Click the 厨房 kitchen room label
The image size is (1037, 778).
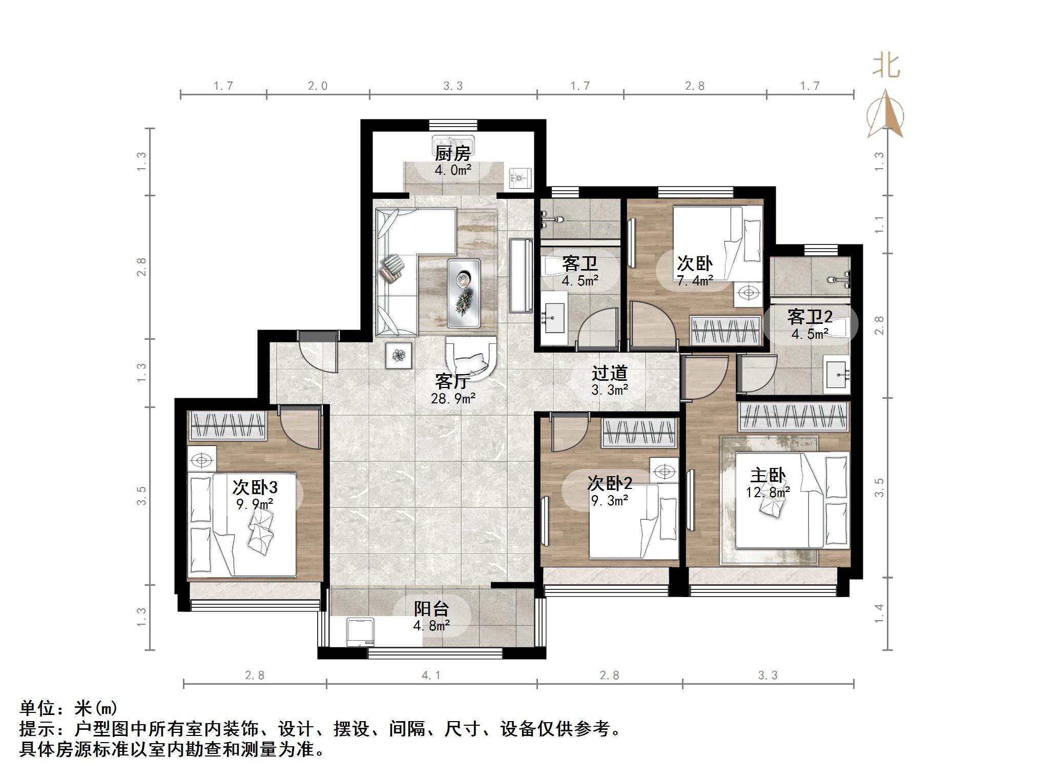(x=452, y=153)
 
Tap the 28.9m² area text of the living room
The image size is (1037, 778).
(x=453, y=398)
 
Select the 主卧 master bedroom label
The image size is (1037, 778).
(x=768, y=476)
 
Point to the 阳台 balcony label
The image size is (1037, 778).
(x=431, y=609)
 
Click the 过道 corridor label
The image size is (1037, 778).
(x=610, y=374)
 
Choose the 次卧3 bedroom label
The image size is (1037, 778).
(x=255, y=487)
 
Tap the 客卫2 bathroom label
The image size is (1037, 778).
(x=810, y=317)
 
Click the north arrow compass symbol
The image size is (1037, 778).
(x=885, y=114)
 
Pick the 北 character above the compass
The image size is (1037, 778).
(x=886, y=66)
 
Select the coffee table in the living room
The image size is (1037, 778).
(x=464, y=293)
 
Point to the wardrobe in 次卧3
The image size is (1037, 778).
(x=229, y=425)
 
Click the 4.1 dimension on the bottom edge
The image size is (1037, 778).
(x=431, y=675)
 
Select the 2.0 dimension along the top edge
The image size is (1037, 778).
(x=318, y=86)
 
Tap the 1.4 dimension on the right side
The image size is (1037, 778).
(x=879, y=613)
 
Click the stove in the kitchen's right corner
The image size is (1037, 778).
(x=520, y=177)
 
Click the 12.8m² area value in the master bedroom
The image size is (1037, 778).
(x=768, y=493)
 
